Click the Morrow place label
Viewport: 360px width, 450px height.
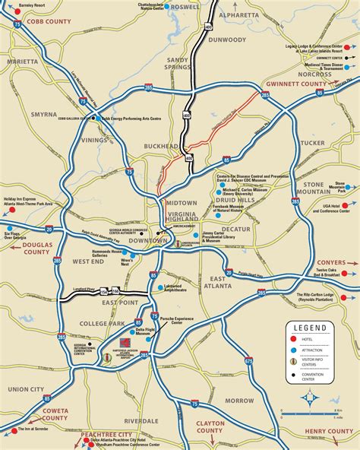point(239,400)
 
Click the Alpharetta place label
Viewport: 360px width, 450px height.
point(238,14)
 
